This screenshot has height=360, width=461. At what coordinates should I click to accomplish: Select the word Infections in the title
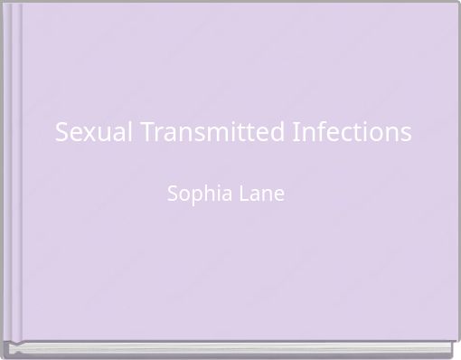(353, 132)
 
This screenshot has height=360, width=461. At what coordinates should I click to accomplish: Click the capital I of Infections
(296, 132)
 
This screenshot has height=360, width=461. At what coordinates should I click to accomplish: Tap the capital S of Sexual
(61, 132)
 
